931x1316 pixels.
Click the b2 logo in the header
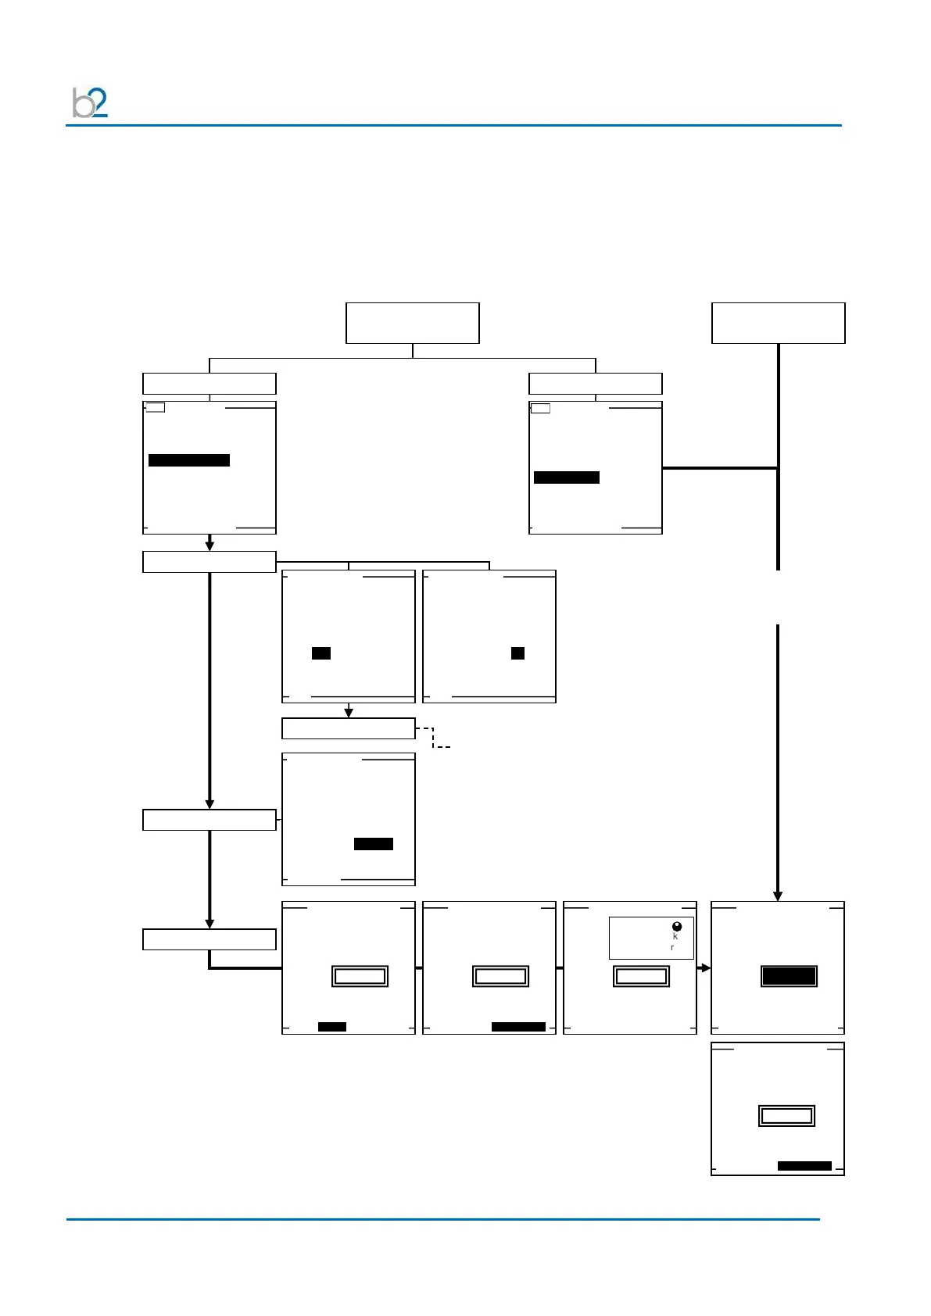point(90,103)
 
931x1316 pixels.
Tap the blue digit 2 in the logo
point(99,102)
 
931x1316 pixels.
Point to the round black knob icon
point(677,927)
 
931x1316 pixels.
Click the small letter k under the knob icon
point(675,936)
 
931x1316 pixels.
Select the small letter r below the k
point(672,948)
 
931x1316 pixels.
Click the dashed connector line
point(434,738)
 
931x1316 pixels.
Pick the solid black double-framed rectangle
point(789,976)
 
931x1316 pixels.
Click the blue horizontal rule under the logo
point(453,125)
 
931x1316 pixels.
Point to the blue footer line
point(442,1218)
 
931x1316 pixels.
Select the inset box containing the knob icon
point(651,938)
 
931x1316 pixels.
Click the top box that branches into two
point(412,323)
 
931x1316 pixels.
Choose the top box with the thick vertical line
point(778,323)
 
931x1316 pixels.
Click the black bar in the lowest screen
point(804,1165)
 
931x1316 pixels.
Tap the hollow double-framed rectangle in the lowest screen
point(786,1115)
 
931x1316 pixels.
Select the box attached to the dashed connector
point(348,728)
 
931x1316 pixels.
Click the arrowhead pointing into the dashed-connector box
point(349,712)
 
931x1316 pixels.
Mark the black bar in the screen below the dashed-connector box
point(374,843)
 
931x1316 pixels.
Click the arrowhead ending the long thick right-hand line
point(778,896)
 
